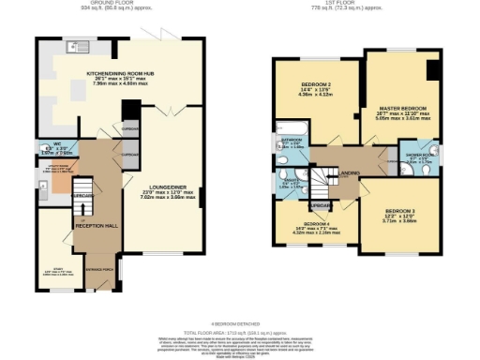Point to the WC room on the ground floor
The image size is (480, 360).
(57, 148)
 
